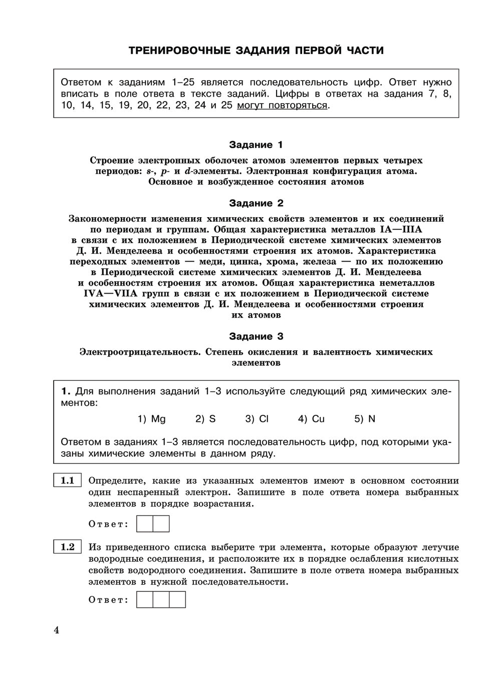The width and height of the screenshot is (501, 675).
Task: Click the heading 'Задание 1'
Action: point(256,145)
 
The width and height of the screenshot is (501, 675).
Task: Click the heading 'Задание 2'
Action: point(256,203)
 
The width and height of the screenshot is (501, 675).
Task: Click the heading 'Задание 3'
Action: point(256,336)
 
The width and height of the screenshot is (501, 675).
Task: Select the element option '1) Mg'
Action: point(151,419)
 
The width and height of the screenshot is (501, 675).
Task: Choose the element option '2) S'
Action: point(205,419)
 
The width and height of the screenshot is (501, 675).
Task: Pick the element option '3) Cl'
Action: point(257,419)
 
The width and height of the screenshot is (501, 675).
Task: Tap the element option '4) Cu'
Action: point(311,419)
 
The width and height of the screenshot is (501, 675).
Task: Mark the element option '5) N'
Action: point(365,419)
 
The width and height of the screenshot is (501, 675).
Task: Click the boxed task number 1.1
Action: point(68,481)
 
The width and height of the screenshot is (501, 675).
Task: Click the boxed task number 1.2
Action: point(68,547)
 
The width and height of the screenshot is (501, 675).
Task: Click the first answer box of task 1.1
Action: point(145,524)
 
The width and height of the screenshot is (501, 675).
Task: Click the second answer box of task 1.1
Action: point(161,524)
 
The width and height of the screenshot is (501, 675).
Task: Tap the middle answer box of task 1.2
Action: point(161,599)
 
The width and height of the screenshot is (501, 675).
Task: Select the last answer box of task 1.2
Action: point(177,599)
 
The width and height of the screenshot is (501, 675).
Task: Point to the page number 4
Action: point(57,630)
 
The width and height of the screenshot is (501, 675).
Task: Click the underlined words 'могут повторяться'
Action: point(282,106)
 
